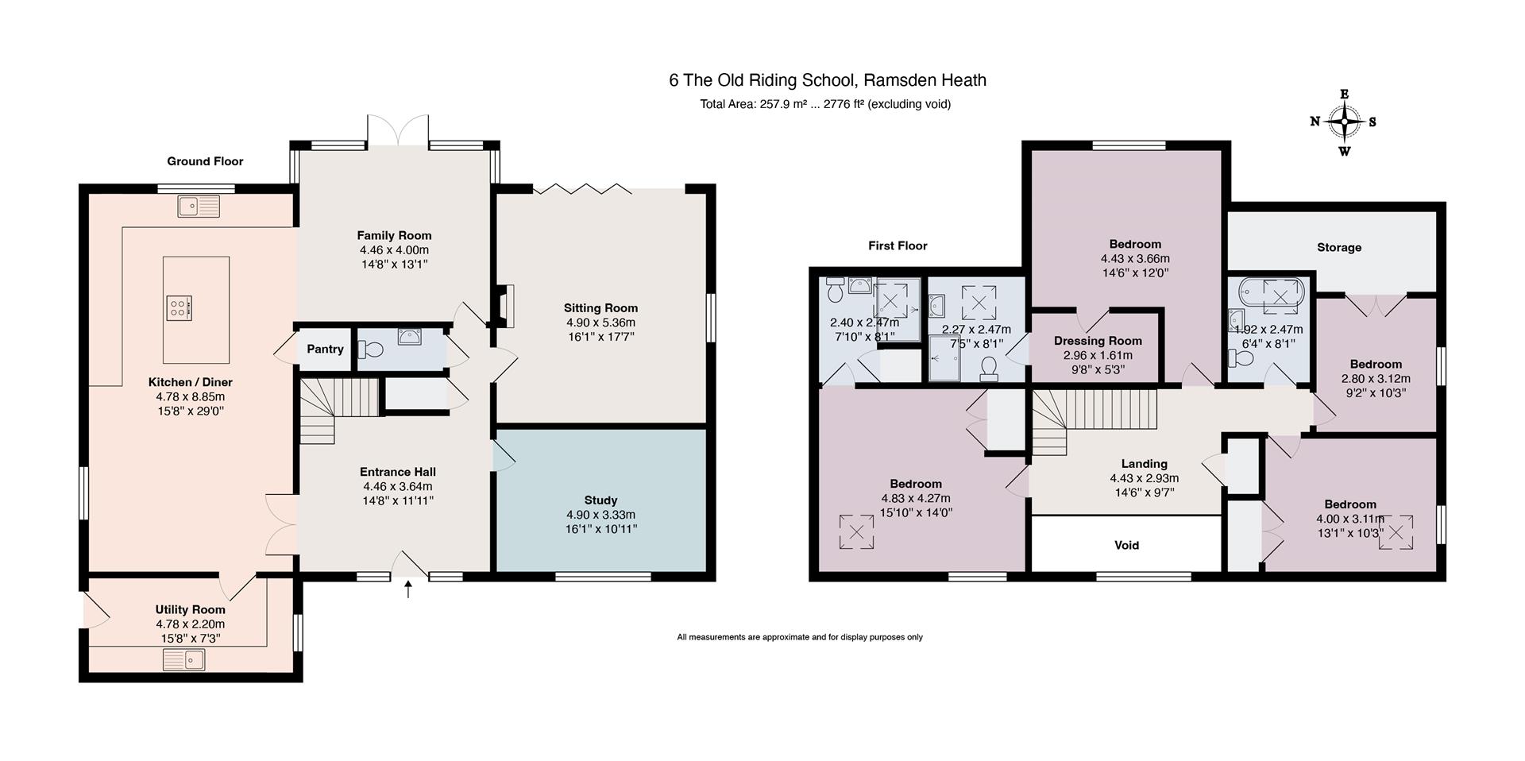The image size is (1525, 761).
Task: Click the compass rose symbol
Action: (1344, 122)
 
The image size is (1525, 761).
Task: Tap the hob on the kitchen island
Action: (179, 307)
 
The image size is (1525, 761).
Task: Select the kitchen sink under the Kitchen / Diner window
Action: (199, 207)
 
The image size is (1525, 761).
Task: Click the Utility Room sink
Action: (184, 659)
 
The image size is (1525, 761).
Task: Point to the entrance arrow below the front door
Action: (409, 589)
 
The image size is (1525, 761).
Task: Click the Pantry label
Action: (325, 349)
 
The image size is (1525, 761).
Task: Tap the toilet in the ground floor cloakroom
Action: (371, 350)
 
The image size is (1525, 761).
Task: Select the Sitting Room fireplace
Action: (505, 306)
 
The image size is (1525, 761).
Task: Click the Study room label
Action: (600, 500)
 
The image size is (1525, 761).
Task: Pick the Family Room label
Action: (394, 235)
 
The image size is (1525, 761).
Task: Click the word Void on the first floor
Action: (1126, 545)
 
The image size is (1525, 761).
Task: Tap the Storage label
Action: (1339, 248)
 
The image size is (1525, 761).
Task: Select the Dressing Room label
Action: (1098, 341)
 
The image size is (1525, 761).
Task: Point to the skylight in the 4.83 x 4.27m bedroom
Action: (856, 531)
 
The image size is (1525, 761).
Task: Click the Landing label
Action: (1144, 464)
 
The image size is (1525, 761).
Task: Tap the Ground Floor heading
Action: (205, 161)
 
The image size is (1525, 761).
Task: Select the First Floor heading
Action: (898, 246)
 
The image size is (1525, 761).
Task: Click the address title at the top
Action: (828, 80)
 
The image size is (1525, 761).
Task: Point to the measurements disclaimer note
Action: (800, 637)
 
